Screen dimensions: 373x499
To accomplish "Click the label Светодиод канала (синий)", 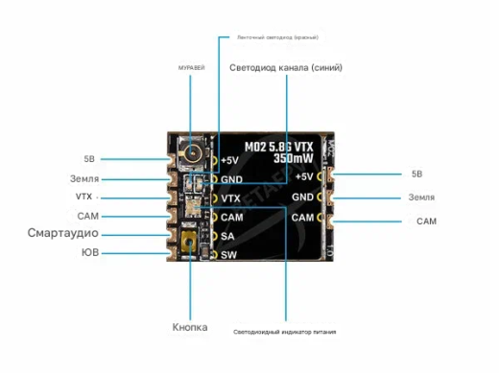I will coord(286,69).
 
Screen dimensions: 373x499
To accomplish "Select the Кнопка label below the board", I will coord(190,327).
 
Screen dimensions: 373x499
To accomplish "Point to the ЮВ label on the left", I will coord(89,253).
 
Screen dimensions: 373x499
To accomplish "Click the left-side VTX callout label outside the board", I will coord(84,197).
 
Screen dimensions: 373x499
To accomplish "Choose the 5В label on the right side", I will coord(416,175).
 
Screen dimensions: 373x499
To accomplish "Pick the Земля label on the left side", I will coord(84,178).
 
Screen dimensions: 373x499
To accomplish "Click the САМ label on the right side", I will coord(427,221).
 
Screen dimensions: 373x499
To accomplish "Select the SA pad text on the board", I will coord(227,236).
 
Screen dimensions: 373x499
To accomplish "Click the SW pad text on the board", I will coord(228,255).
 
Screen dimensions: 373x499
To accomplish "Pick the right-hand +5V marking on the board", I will coord(304,176).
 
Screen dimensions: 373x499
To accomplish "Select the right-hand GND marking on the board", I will coord(303,197).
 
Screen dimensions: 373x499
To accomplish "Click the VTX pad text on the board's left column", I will coord(230,198).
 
